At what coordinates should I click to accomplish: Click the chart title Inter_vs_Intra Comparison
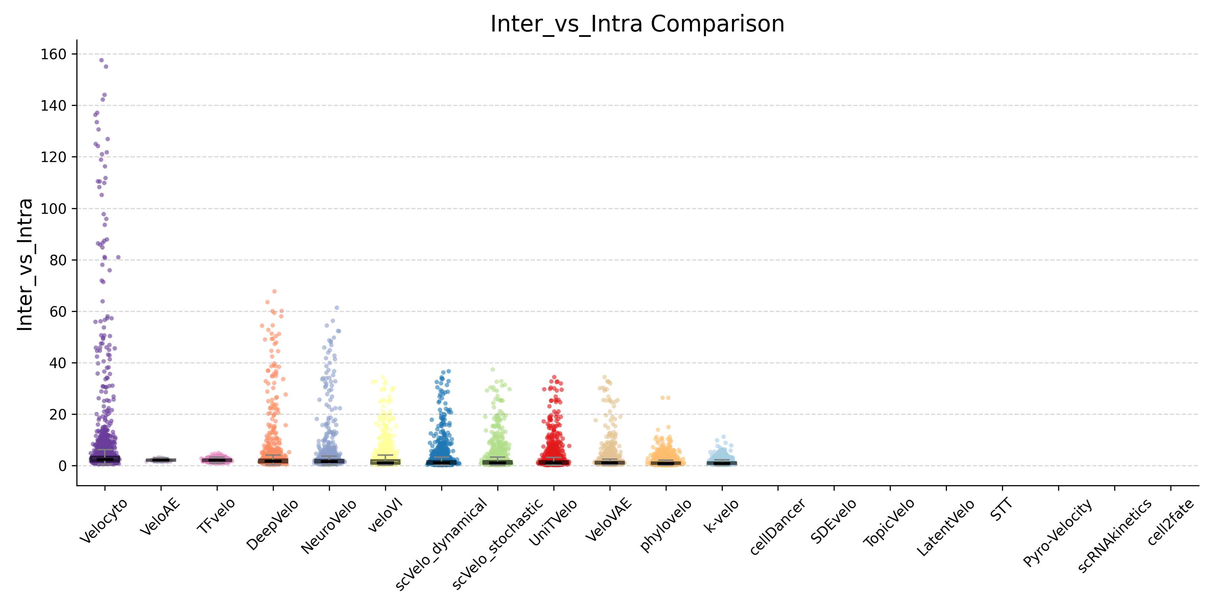coord(637,24)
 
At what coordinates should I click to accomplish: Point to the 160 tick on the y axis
coord(53,54)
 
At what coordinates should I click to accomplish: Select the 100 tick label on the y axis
coord(53,208)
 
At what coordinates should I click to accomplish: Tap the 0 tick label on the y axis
coord(62,466)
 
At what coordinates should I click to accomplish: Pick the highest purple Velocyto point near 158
coord(101,60)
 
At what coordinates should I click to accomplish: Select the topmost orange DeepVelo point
coord(275,291)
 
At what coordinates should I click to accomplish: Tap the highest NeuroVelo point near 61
coord(337,308)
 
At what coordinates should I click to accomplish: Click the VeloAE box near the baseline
coord(161,459)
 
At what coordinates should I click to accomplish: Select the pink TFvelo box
coord(217,459)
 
